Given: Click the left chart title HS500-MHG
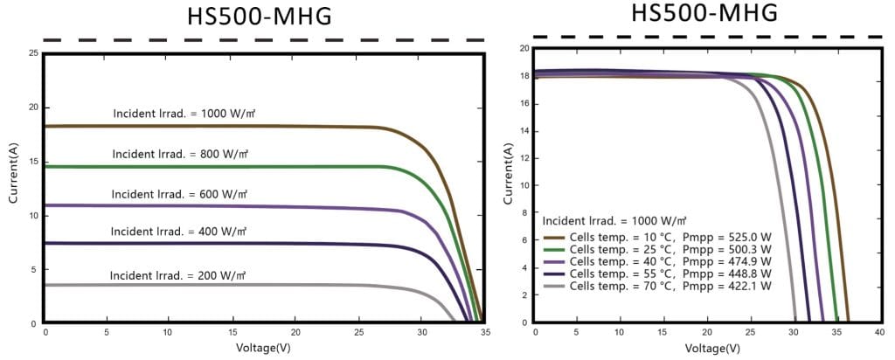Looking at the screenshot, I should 260,17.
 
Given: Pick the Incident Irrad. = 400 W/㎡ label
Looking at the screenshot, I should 178,232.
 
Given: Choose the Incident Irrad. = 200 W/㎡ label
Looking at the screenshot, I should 177,275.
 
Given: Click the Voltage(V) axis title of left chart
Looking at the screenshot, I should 265,347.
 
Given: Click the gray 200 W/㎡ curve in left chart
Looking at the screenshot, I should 262,285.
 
